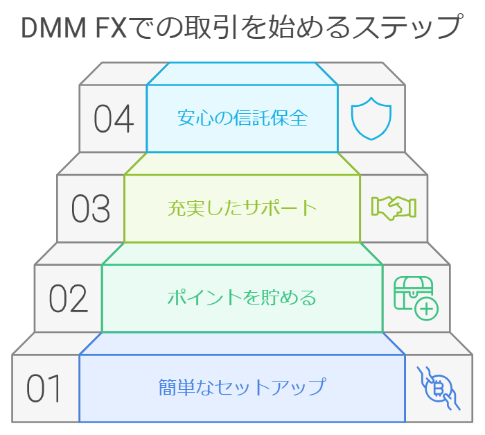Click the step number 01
tap(43, 389)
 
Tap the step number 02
tap(69, 298)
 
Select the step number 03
tap(91, 208)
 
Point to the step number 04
tap(114, 119)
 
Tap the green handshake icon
tap(394, 208)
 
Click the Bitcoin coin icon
tap(438, 389)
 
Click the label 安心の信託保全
tap(242, 118)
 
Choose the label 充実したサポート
tap(242, 207)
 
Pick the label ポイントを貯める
tap(242, 298)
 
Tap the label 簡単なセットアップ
tap(242, 386)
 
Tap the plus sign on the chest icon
tap(427, 309)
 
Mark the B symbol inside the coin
tap(438, 389)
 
